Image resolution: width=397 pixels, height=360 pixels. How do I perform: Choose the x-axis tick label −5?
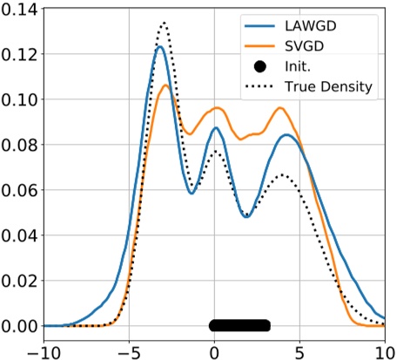pos(128,348)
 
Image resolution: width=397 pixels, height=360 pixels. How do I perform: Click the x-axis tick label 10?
pos(383,348)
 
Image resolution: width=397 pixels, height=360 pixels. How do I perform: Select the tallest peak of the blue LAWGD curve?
pos(160,48)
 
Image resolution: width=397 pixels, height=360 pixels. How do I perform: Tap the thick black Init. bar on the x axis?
pos(240,326)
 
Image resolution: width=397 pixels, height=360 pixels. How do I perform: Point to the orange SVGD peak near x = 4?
pos(280,108)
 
